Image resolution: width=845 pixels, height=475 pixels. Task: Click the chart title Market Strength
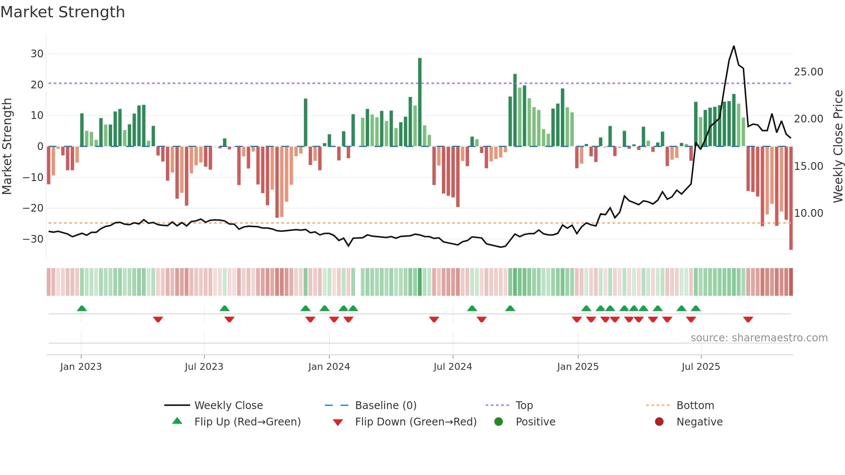point(63,12)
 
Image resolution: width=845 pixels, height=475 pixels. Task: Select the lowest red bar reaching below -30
point(791,198)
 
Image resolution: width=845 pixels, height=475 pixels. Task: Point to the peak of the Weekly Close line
point(734,46)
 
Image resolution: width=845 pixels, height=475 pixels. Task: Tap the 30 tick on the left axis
point(37,54)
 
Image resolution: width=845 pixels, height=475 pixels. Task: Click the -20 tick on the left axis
point(34,208)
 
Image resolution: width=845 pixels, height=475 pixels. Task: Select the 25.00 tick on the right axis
point(808,72)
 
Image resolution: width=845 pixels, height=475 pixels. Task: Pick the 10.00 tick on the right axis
point(808,213)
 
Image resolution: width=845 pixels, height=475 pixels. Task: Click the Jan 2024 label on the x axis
point(329,367)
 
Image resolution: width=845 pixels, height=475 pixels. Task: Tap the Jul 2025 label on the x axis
point(701,367)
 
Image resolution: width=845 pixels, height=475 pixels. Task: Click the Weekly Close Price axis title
point(838,147)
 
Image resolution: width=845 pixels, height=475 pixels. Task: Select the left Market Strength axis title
point(7,147)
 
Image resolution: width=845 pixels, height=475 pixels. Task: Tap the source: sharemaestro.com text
point(759,338)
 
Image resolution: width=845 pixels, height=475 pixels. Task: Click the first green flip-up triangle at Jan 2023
point(82,308)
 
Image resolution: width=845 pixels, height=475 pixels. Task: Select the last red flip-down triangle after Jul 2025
point(748,319)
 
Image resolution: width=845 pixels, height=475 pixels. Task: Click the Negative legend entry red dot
point(659,422)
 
